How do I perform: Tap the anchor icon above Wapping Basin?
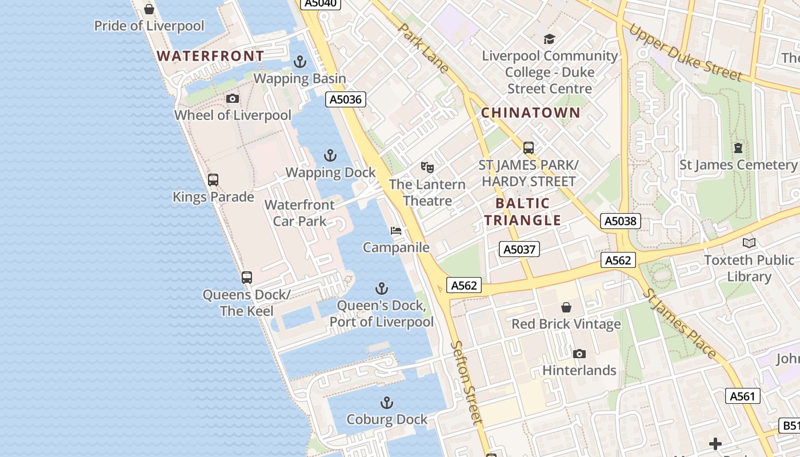tap(300, 62)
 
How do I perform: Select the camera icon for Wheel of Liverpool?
tap(232, 99)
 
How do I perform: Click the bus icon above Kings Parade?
tap(213, 180)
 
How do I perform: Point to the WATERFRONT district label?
tap(210, 56)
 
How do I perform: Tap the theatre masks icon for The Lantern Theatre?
tap(427, 167)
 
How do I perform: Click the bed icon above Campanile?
tap(396, 231)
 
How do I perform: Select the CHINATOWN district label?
tap(530, 113)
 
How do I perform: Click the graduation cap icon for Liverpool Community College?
tap(549, 39)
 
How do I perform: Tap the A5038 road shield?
tap(621, 221)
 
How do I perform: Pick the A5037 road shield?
tap(519, 249)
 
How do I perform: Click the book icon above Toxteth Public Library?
tap(749, 243)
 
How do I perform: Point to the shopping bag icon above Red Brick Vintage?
tap(566, 307)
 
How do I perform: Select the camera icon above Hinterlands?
tap(579, 354)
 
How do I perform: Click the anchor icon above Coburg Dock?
tap(387, 403)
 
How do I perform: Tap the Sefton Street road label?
tap(467, 382)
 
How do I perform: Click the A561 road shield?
tap(743, 396)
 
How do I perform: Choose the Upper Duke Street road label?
tap(685, 53)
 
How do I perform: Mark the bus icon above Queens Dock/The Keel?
tap(247, 278)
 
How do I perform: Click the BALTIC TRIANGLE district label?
tap(523, 212)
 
